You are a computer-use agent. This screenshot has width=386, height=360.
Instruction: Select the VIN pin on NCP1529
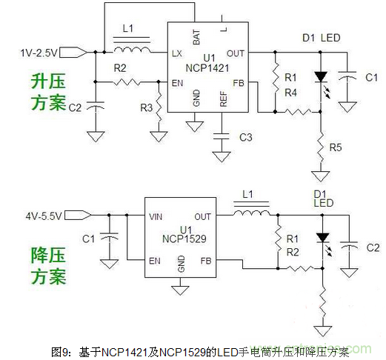(x=156, y=216)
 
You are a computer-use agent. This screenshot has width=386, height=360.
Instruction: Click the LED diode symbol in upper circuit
(x=320, y=77)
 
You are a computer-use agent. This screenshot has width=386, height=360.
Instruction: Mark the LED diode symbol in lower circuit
(x=322, y=239)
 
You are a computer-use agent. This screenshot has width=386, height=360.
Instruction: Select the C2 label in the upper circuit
(x=76, y=107)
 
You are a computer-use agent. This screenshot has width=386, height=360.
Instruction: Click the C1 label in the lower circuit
(x=88, y=239)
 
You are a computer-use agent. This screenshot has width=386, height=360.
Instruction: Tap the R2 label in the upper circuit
(x=120, y=69)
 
